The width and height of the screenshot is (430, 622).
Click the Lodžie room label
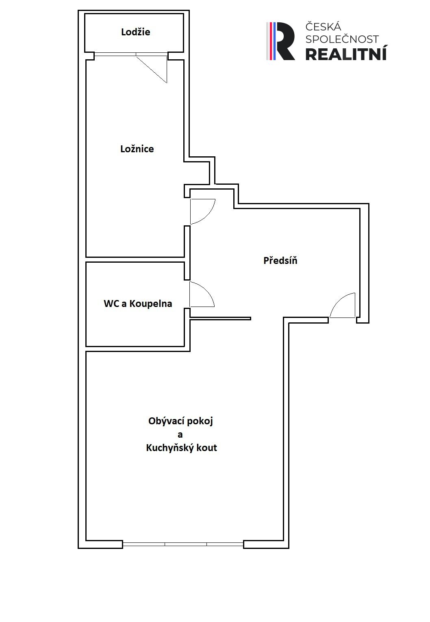tap(135, 32)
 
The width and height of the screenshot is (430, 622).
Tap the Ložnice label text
tap(137, 149)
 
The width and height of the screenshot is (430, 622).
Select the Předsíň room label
tap(280, 260)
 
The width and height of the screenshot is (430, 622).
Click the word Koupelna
tap(151, 304)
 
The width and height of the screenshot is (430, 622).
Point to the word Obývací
tap(163, 421)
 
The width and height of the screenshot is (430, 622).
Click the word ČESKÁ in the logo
tap(323, 27)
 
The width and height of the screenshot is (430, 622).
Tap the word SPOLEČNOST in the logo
tap(342, 39)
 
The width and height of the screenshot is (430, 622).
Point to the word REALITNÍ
tap(346, 54)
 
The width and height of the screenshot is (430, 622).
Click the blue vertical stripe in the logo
tap(274, 41)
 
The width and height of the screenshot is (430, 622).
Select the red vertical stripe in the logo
tap(270, 41)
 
